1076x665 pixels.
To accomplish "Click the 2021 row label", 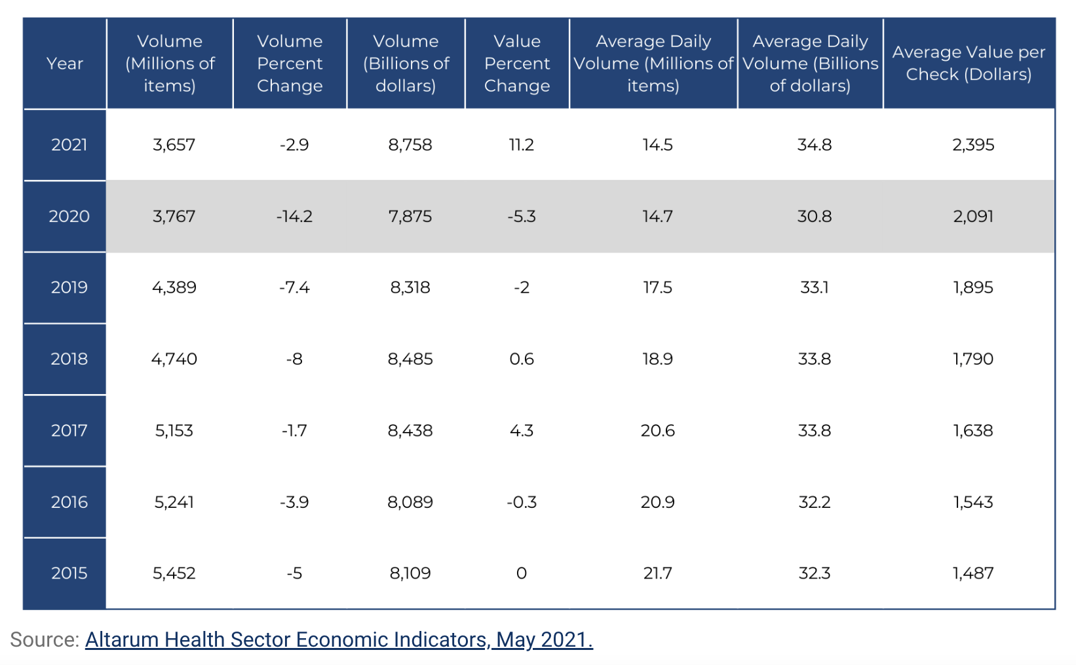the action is coord(69,145).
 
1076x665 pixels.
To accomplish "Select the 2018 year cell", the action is coord(69,359).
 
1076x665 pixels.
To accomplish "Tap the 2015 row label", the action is coord(69,573).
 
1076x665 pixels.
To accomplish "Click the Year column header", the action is coord(65,63).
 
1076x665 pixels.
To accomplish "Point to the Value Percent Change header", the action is coord(517,63).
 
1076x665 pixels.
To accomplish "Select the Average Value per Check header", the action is coord(969,63).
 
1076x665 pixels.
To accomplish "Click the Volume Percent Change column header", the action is coord(290,63).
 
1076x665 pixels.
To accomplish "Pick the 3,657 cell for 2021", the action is coord(174,145).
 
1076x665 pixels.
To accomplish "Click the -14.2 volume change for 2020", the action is coord(294,216).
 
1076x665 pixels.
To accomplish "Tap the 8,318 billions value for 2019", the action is coord(410,287).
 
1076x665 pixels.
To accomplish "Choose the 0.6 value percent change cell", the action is coord(522,359).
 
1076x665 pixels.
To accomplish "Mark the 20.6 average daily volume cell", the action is coord(658,431).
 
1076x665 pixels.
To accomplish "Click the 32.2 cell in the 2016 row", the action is coord(814,502).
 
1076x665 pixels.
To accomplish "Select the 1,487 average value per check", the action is coord(973,573).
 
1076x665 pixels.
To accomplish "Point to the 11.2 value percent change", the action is coord(522,145).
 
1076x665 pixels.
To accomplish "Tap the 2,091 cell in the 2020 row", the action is coord(973,216).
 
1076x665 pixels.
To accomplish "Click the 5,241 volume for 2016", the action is coord(174,502).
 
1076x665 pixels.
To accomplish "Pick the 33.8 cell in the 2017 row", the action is coord(814,431).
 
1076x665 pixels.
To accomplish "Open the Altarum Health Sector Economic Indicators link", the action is coord(339,639).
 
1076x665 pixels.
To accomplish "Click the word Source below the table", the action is coord(45,639).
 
